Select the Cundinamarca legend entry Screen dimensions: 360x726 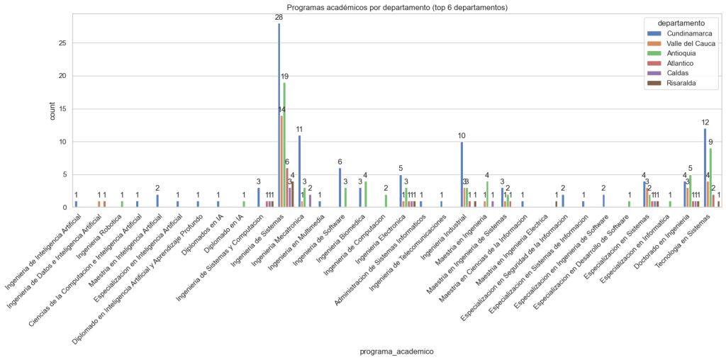pos(684,33)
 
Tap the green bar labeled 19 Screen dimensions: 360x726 pos(284,145)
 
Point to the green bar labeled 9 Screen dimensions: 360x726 pos(710,178)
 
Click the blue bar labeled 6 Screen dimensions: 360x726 pos(340,188)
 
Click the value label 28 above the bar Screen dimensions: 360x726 pos(279,17)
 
